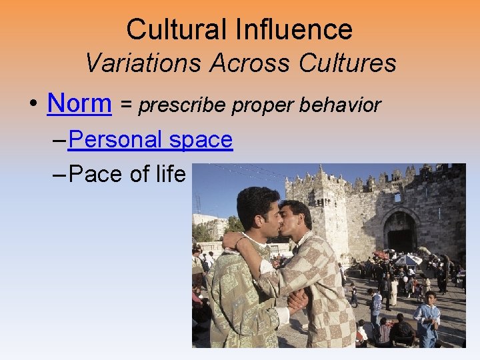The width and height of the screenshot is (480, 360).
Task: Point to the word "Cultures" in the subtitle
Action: tap(348, 63)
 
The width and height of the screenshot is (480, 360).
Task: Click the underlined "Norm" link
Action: tap(79, 103)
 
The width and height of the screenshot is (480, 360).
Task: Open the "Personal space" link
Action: tap(150, 139)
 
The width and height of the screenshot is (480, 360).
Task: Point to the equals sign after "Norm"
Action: tap(125, 105)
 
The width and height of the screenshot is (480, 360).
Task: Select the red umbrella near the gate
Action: tap(381, 255)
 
